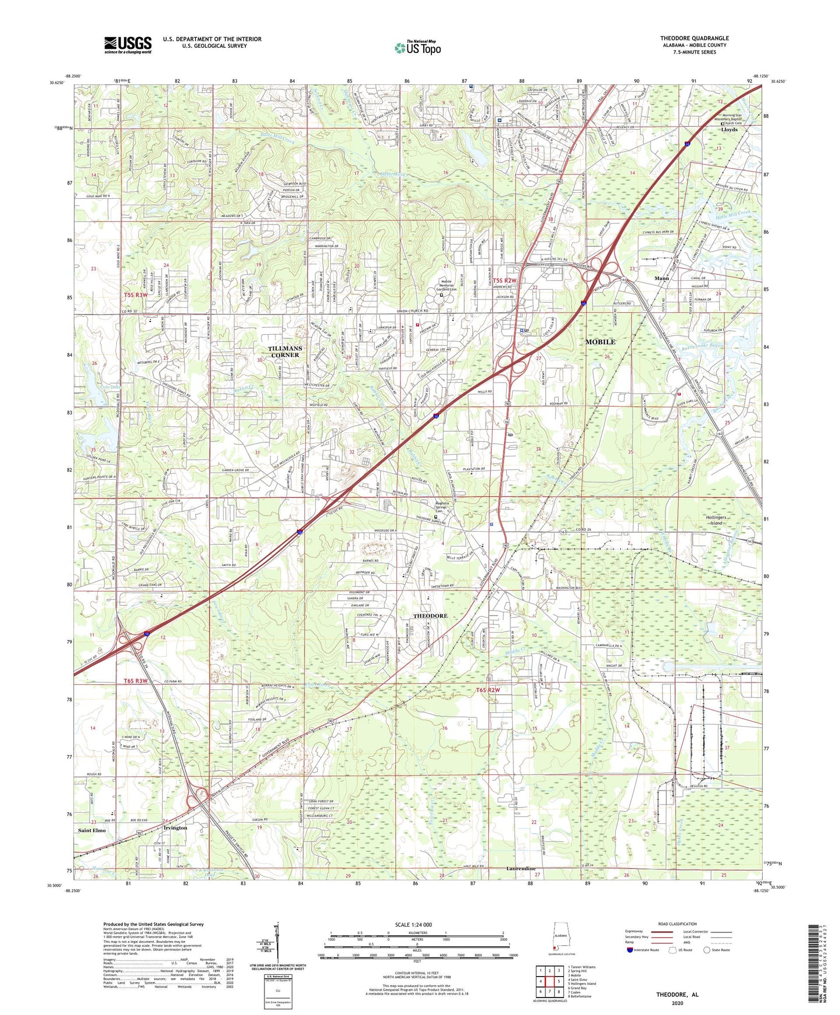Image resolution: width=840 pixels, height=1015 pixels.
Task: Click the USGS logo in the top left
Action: point(127,45)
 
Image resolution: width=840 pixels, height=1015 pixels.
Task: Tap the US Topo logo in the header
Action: point(417,48)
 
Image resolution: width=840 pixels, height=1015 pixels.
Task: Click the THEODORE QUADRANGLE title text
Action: point(694,38)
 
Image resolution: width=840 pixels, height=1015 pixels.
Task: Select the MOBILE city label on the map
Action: point(600,342)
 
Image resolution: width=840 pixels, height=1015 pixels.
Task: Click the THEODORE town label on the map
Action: point(430,616)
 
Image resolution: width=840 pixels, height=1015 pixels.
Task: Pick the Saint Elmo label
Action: point(92,830)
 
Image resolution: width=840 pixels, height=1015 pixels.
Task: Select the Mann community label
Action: point(662,278)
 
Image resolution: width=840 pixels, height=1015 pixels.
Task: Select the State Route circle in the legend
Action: point(706,950)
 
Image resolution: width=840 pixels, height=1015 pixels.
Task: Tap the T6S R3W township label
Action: point(135,681)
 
